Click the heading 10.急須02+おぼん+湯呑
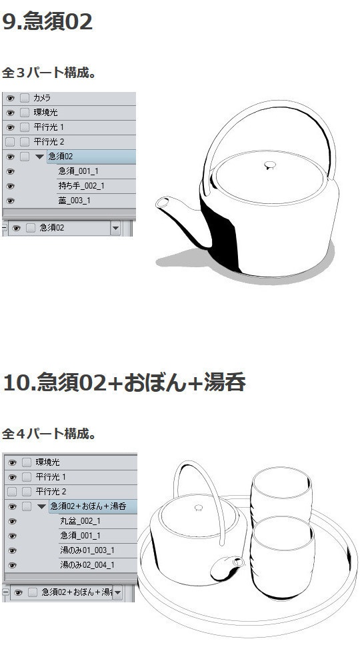tap(124, 382)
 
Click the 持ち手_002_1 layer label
tap(81, 186)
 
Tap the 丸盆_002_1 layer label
tap(80, 521)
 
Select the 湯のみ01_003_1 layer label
tap(87, 550)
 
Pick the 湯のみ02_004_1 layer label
tap(87, 564)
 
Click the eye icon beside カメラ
tap(10, 98)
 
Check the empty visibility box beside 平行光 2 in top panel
tap(10, 142)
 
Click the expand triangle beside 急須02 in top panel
tap(39, 157)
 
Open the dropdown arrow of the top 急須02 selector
tap(115, 228)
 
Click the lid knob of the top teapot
tap(270, 165)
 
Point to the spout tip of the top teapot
tap(162, 203)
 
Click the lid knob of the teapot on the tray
tap(199, 508)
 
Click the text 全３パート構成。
tap(49, 72)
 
